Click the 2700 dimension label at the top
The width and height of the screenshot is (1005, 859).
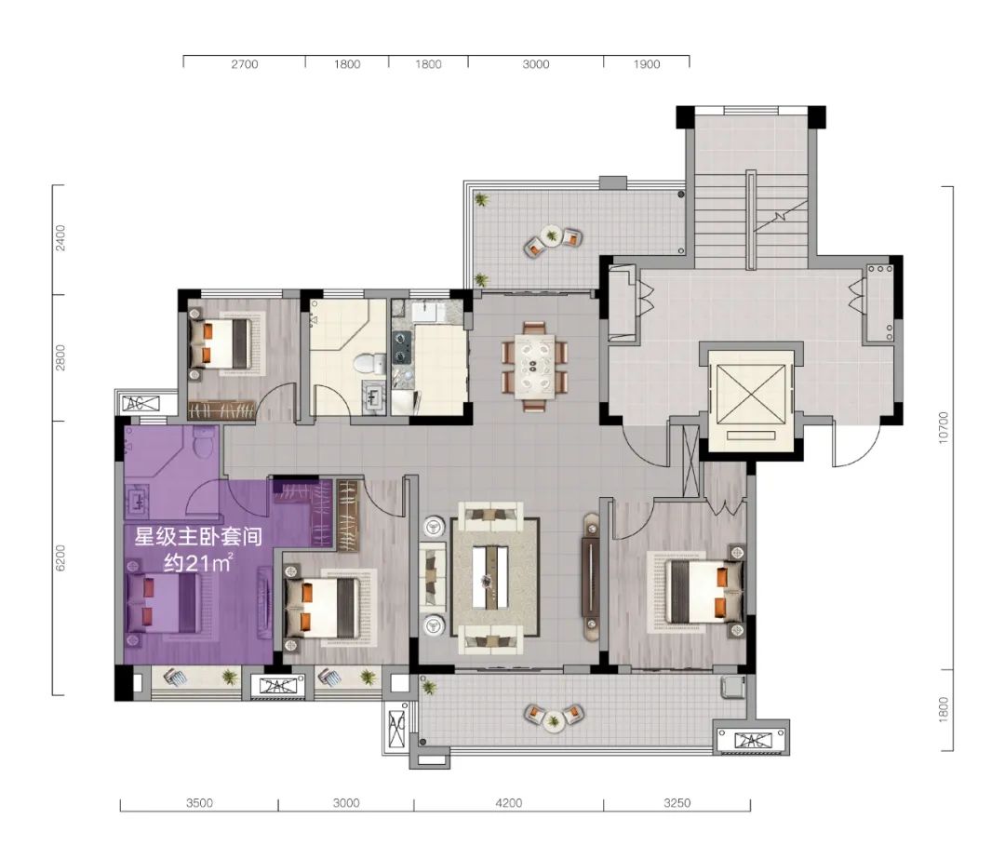[x=244, y=64]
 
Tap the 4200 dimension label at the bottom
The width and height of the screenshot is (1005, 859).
[x=509, y=802]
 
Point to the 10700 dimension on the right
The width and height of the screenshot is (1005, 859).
[x=942, y=427]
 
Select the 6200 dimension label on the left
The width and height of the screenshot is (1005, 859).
[x=60, y=557]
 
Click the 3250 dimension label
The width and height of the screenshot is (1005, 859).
[x=677, y=802]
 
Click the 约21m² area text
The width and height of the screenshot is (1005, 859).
[x=197, y=563]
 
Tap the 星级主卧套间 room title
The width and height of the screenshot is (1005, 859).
[x=198, y=536]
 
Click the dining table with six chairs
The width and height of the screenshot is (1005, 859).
[x=534, y=366]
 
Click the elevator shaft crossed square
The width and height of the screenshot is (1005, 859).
[x=751, y=395]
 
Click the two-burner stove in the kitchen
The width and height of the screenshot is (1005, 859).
[x=402, y=346]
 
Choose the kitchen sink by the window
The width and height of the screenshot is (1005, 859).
[x=428, y=312]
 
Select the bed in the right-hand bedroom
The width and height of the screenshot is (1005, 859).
[x=703, y=592]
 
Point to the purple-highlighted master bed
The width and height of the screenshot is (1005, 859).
[x=165, y=602]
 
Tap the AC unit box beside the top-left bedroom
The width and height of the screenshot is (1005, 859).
[x=142, y=404]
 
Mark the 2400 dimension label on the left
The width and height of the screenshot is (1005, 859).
[x=60, y=237]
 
